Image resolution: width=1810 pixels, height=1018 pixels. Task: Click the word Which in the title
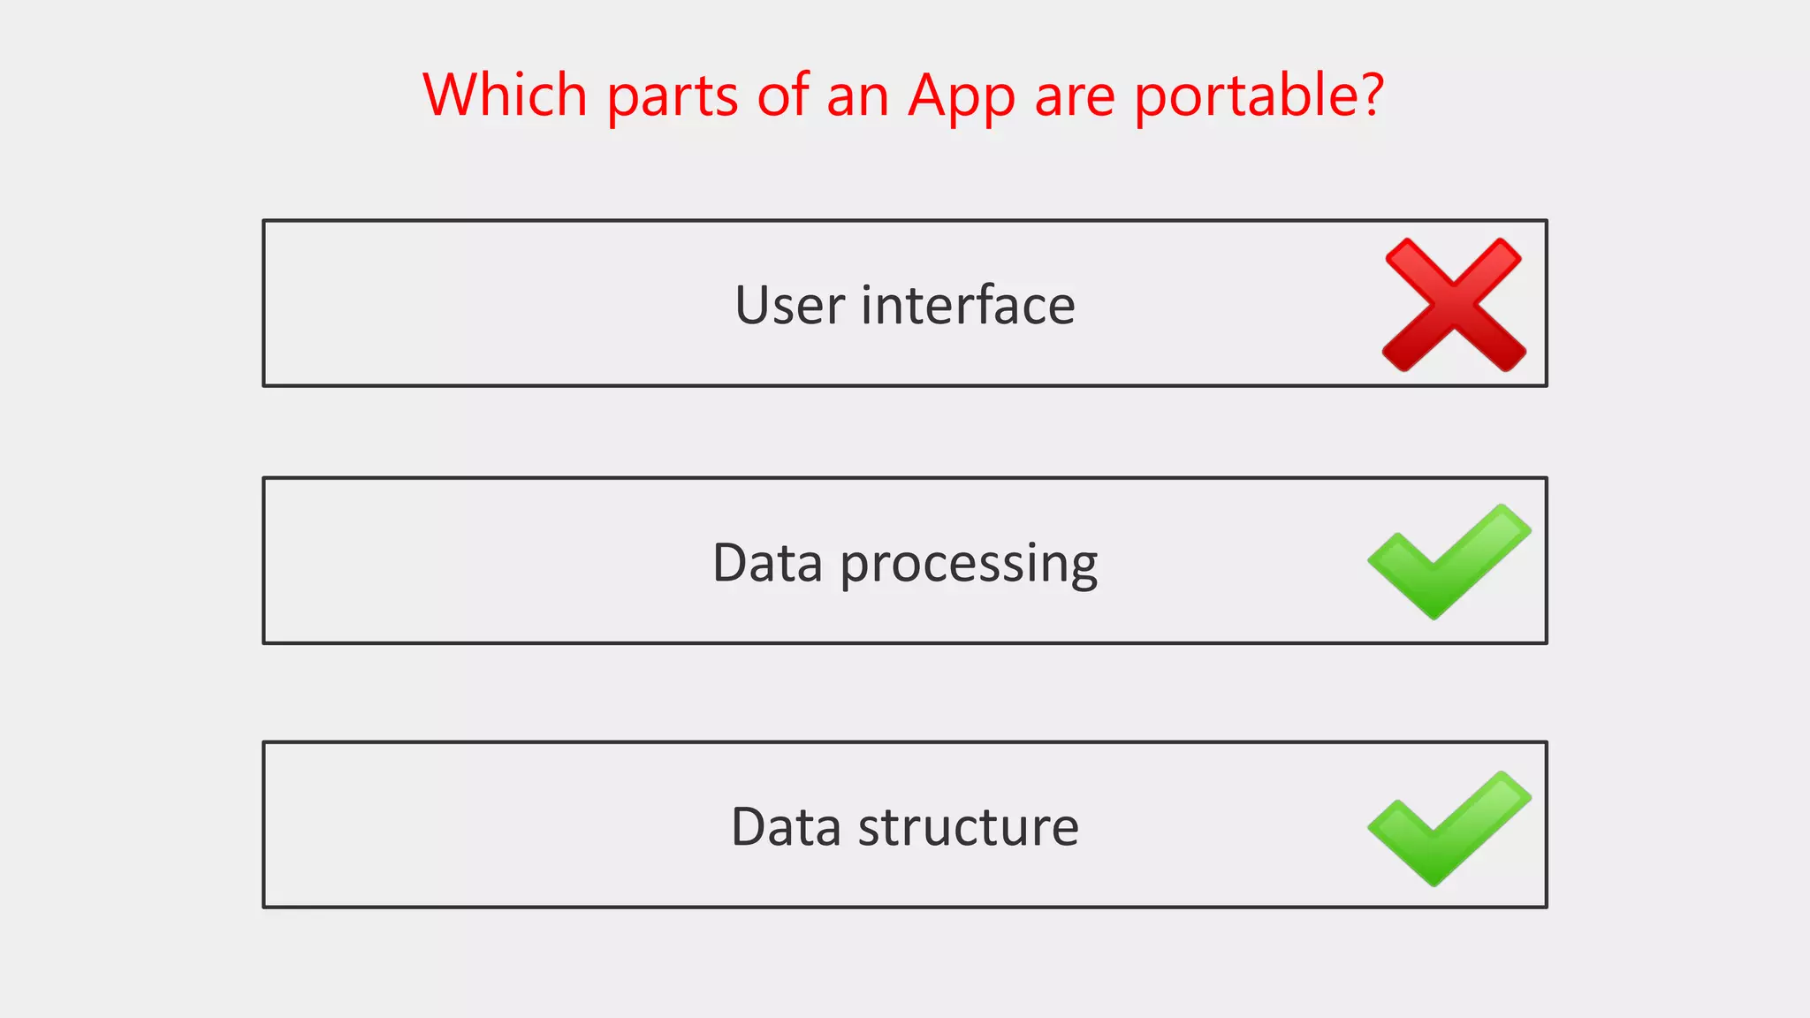[505, 95]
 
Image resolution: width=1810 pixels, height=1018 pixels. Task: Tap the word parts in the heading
[672, 97]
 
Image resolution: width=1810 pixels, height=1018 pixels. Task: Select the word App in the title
[962, 97]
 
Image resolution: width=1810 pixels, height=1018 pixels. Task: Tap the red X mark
[1454, 304]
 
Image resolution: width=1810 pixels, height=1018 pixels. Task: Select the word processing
[969, 566]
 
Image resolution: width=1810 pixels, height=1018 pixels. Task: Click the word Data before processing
[767, 563]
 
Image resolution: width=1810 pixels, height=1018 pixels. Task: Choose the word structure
[969, 828]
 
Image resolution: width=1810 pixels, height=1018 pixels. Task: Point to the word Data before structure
[786, 828]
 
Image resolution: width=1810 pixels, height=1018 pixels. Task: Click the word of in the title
[783, 95]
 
